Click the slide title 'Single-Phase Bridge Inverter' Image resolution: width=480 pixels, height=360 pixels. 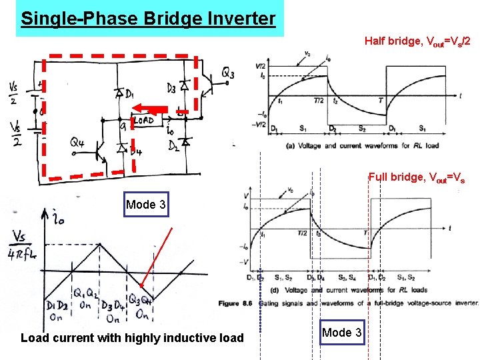(x=148, y=18)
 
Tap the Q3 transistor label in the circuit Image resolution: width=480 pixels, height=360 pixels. (x=227, y=73)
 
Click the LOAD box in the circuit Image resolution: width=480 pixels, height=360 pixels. (x=145, y=121)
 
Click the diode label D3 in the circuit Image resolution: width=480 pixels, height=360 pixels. (x=171, y=87)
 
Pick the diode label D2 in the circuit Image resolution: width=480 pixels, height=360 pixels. (x=174, y=145)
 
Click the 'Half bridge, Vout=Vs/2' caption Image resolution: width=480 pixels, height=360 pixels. (x=417, y=41)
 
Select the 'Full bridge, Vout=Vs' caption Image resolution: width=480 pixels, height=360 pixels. (x=416, y=177)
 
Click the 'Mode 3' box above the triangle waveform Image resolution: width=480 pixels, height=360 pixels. (x=144, y=205)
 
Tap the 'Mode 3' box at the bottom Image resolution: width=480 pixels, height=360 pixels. (x=342, y=333)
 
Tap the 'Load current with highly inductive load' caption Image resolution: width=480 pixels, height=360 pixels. (x=132, y=338)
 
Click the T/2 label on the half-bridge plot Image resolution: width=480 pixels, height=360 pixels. (x=318, y=100)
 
